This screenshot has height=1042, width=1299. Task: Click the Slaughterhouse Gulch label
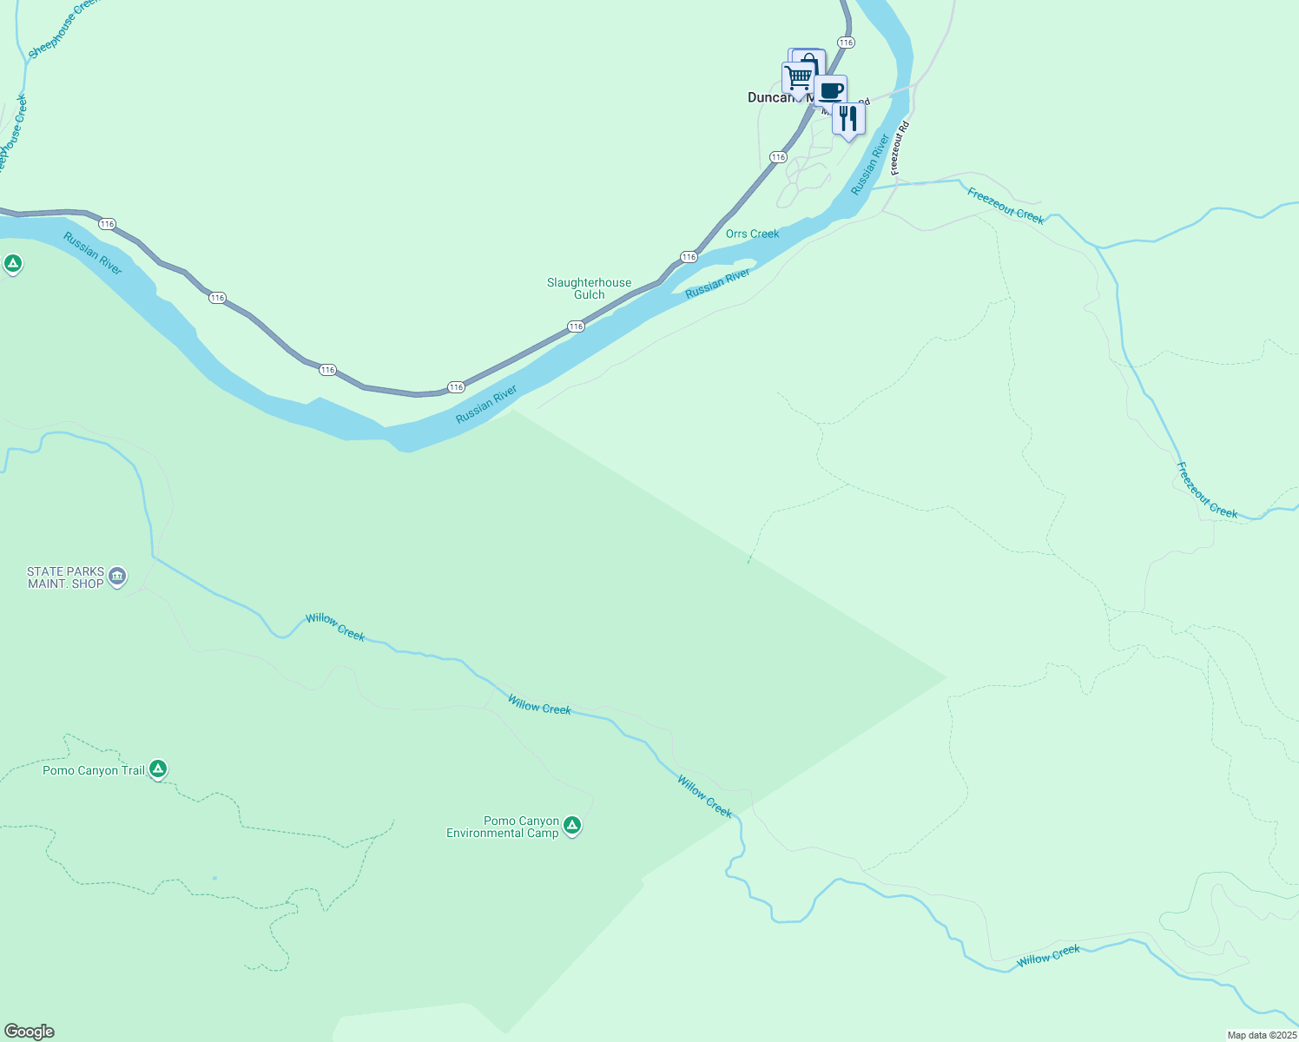click(590, 288)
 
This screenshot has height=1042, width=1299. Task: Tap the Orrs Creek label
click(753, 234)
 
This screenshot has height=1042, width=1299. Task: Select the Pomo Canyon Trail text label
click(94, 771)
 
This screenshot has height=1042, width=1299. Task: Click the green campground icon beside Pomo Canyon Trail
click(157, 768)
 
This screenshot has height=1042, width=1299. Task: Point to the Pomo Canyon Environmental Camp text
click(503, 827)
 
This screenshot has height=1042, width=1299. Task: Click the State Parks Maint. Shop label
click(65, 577)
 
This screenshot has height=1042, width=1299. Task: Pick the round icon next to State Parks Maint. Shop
click(117, 576)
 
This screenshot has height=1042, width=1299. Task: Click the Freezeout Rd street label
click(900, 148)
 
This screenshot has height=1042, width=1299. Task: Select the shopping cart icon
click(797, 78)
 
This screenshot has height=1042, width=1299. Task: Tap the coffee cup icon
click(831, 90)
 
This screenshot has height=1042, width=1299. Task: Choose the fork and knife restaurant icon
click(848, 118)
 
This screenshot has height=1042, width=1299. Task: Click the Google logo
click(29, 1032)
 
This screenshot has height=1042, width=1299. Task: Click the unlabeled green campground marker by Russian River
click(12, 263)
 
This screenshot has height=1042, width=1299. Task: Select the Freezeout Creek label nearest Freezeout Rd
click(1006, 206)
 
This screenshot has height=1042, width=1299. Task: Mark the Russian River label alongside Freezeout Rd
click(871, 164)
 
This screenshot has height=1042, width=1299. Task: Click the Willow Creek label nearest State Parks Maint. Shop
click(335, 627)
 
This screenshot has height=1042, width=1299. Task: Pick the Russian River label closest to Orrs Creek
click(717, 284)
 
